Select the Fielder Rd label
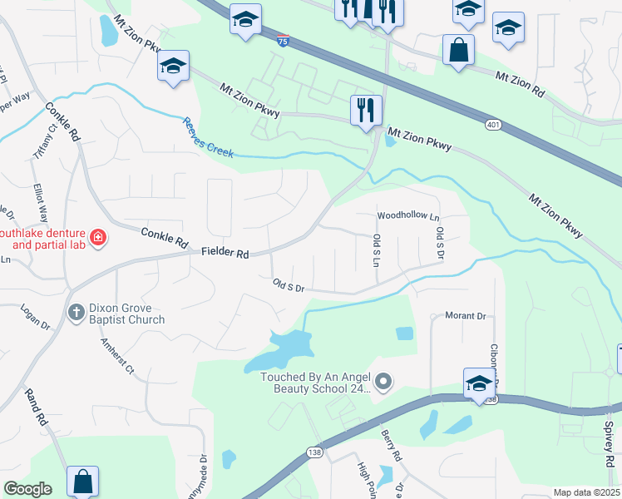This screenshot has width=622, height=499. [225, 253]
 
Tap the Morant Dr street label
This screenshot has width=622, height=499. [465, 316]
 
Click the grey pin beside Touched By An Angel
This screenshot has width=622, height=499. [383, 383]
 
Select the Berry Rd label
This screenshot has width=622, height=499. [392, 446]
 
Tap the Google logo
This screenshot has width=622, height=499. [27, 488]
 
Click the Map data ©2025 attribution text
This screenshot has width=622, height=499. [586, 492]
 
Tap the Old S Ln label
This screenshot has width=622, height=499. [376, 250]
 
